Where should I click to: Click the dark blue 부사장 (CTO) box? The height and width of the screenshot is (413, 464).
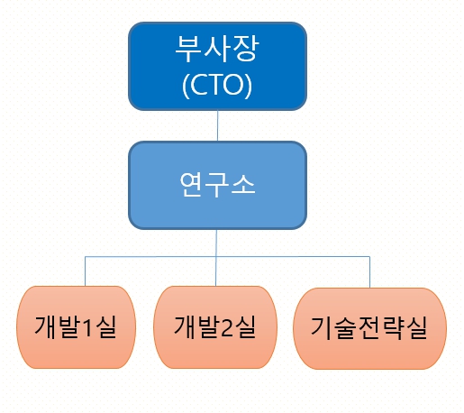(x=217, y=65)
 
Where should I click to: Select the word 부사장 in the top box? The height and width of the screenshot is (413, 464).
(x=217, y=49)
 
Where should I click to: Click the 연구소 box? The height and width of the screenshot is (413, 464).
(x=217, y=184)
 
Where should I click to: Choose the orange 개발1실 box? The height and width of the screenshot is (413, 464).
(x=77, y=326)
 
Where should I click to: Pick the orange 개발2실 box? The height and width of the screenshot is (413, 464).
(x=215, y=326)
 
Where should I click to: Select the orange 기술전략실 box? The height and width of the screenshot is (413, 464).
(x=370, y=328)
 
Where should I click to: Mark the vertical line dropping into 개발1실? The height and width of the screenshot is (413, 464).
(x=86, y=271)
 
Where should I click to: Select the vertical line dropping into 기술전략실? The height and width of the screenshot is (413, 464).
(x=369, y=272)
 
